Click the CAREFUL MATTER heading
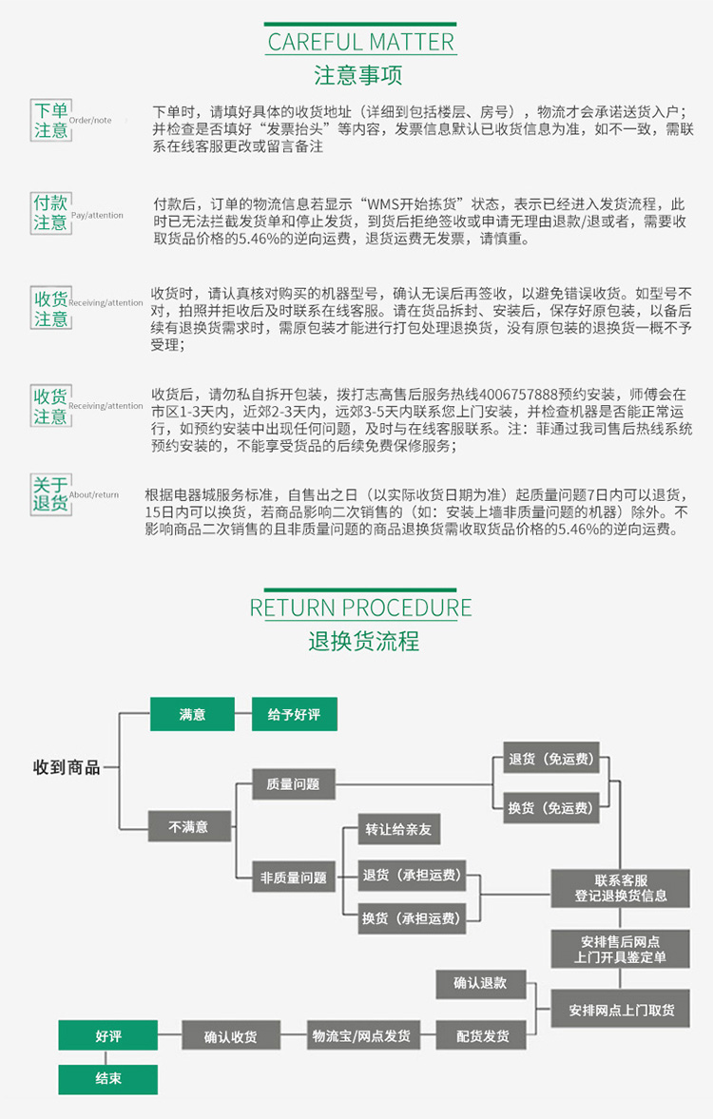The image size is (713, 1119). point(360,42)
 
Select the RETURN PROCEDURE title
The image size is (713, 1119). point(360,608)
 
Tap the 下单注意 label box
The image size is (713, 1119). point(51,121)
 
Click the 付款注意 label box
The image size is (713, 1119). point(51,213)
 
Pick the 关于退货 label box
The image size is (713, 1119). point(51,493)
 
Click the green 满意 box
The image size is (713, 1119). point(192,714)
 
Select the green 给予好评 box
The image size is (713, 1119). point(294,714)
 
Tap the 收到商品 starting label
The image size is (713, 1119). point(67,767)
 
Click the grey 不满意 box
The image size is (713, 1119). point(189,826)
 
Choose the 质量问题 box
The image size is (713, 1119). point(294,784)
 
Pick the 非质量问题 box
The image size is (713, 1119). point(294,878)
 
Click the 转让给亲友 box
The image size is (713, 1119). point(398,829)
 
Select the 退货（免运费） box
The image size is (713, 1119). point(550,760)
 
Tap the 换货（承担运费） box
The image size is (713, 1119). point(411,918)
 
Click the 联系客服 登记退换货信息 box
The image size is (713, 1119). point(620,889)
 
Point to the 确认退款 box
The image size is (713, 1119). point(480,983)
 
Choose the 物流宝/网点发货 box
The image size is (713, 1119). point(362,1035)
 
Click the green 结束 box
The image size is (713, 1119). point(107,1079)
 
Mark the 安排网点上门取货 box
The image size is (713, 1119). point(621,1009)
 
